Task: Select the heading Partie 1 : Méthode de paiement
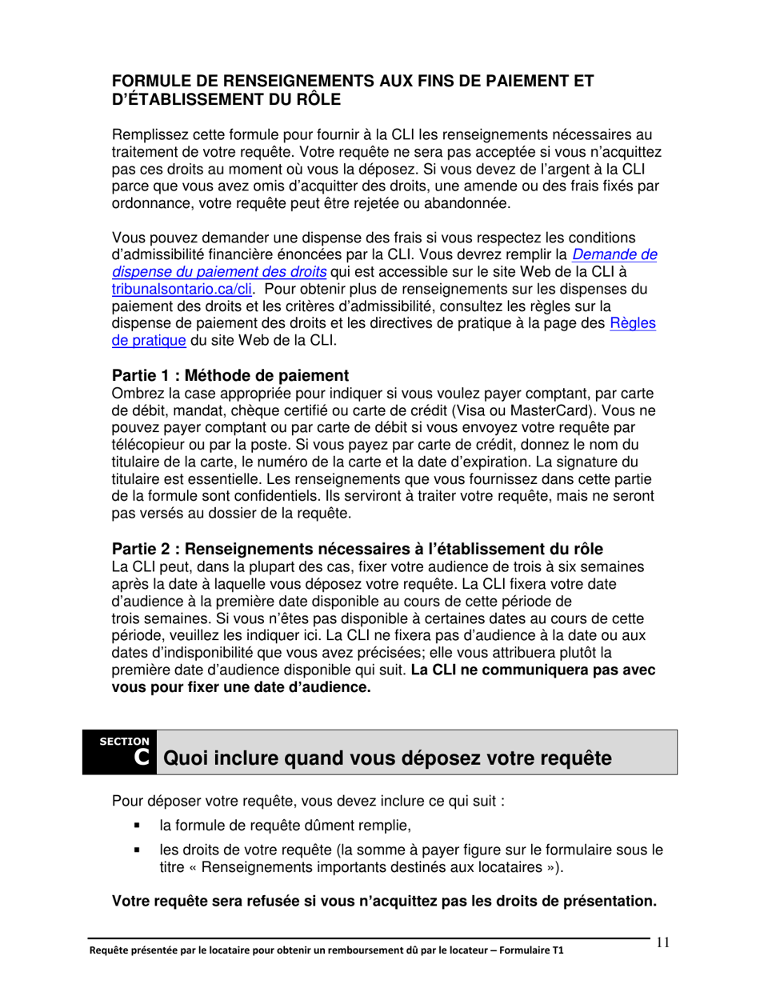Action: [230, 375]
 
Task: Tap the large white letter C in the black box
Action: [142, 757]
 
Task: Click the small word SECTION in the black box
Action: [124, 741]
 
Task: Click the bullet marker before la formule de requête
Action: [138, 826]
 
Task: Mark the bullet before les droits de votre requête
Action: [138, 851]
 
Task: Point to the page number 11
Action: [662, 942]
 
